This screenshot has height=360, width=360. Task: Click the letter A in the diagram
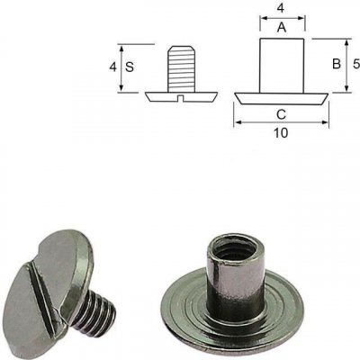[x=282, y=28]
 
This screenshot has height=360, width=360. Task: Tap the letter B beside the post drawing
[x=337, y=64]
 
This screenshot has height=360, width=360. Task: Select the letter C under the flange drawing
[x=281, y=114]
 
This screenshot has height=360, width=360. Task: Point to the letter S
[x=130, y=67]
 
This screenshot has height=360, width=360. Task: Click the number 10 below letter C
[x=281, y=132]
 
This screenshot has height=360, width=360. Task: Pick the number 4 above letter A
[x=280, y=9]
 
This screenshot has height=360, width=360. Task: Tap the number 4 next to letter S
[x=112, y=67]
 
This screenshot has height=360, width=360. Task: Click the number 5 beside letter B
[x=356, y=64]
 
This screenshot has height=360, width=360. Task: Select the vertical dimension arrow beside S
[x=121, y=67]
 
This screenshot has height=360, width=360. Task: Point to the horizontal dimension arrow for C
[x=282, y=122]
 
